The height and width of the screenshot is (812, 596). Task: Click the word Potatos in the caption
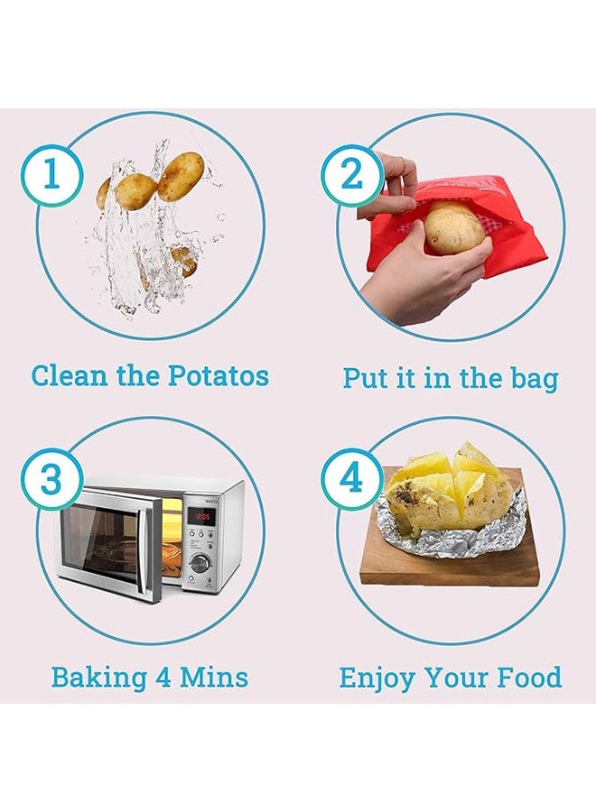[x=219, y=375]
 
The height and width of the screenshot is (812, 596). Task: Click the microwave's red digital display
[x=201, y=516]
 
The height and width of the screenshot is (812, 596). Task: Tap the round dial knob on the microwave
[x=200, y=562]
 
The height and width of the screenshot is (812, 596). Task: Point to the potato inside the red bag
[x=454, y=228]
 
